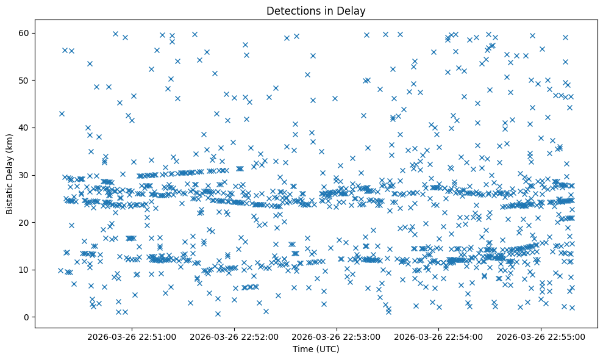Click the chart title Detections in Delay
tap(316, 10)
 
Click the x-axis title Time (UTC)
tap(316, 349)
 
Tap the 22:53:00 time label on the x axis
tap(337, 336)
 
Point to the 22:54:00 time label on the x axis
tap(439, 336)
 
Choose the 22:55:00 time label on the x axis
tap(541, 336)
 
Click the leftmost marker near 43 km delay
tap(62, 113)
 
